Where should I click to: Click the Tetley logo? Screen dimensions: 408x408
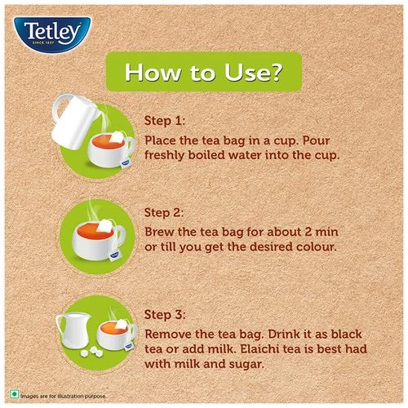coord(52,34)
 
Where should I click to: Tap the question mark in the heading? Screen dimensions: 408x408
coord(276,72)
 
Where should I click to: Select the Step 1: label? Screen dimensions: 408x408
coord(164,121)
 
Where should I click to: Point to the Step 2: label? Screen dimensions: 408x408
coord(164,212)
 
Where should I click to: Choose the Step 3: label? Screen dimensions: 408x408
coord(165,314)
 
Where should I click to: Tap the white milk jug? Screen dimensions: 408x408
coord(73,330)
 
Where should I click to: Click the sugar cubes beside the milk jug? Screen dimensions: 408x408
coord(92,352)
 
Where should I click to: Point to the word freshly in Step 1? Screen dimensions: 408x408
coord(164,156)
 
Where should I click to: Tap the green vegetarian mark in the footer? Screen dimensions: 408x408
coord(14,394)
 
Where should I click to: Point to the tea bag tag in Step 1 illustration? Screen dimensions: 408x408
coord(125,163)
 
